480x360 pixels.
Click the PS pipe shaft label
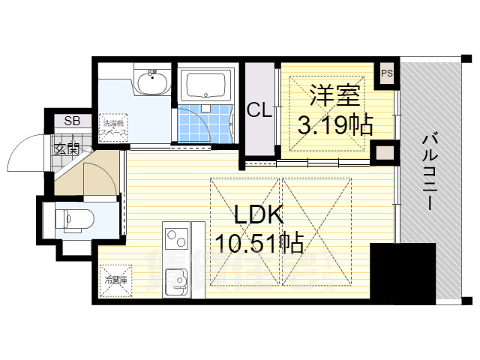tap(387, 73)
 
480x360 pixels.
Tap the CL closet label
tap(259, 111)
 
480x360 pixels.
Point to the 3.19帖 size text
tap(335, 124)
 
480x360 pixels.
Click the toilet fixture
tap(70, 219)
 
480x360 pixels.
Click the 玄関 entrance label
tap(66, 148)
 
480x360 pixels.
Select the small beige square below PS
tap(383, 154)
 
